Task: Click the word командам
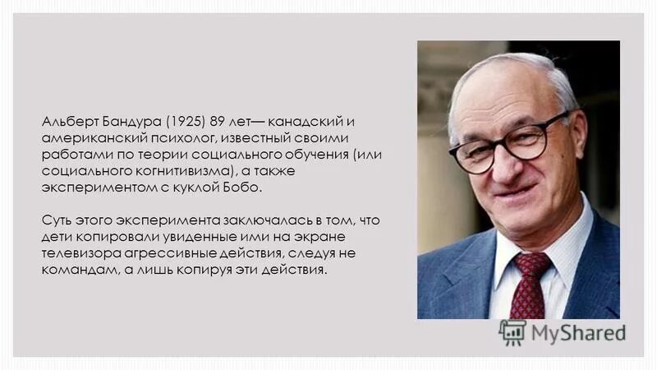point(76,271)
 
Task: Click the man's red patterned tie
point(531,284)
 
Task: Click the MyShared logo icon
point(512,332)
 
